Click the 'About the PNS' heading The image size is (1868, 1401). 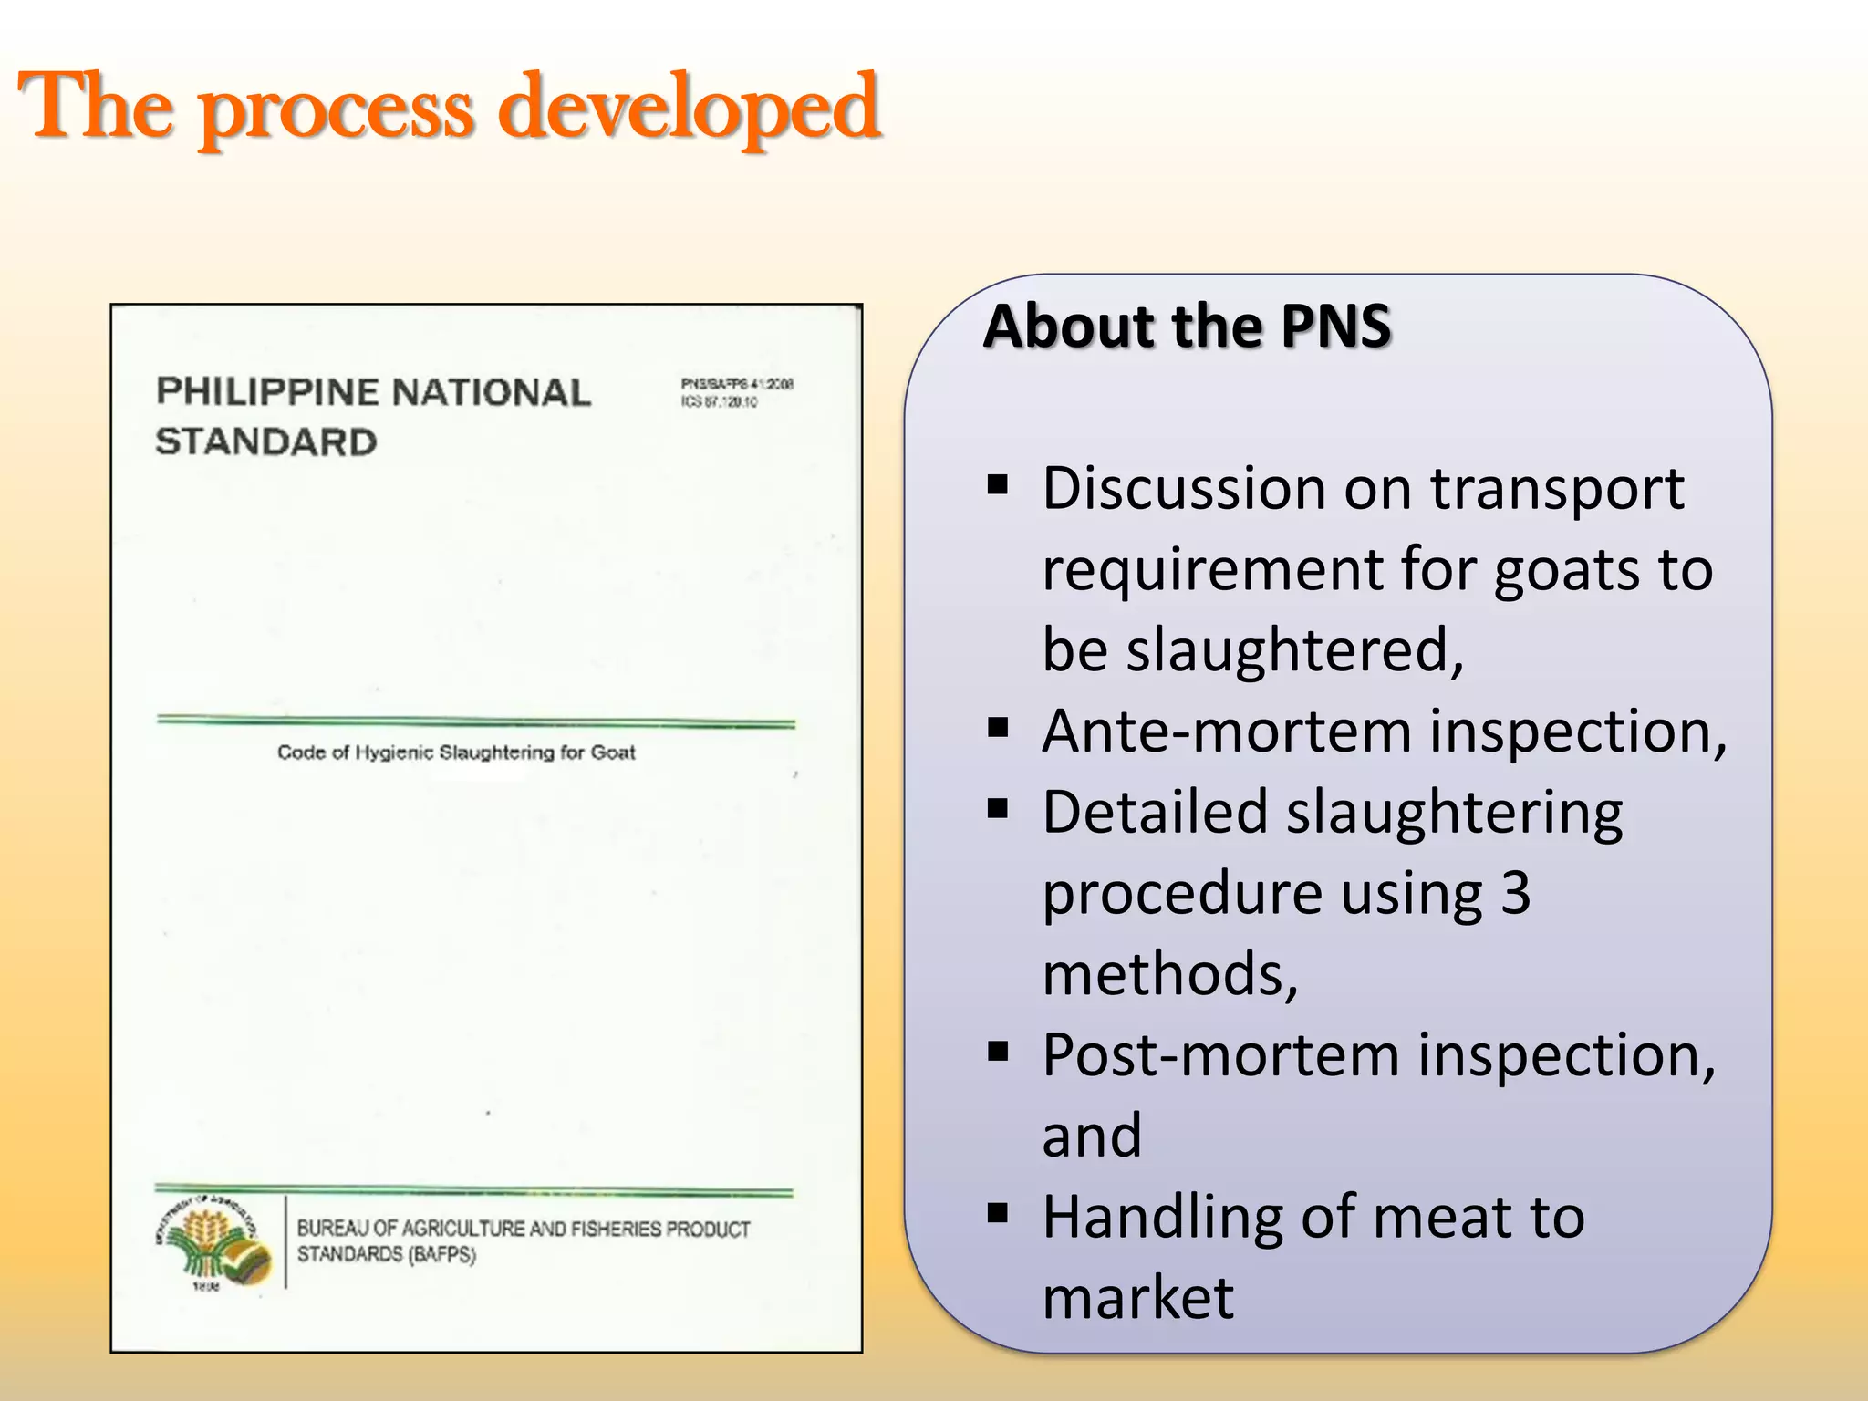pos(1187,326)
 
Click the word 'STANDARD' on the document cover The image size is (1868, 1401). pos(265,442)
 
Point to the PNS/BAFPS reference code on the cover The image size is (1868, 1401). pos(736,385)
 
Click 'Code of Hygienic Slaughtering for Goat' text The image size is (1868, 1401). pos(456,752)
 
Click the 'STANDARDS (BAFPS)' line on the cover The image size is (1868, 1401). pos(386,1254)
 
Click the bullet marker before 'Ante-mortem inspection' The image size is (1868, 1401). pos(998,727)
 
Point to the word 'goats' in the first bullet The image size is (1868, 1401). pos(1568,570)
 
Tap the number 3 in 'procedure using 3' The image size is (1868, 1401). pos(1515,892)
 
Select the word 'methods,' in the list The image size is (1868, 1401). pos(1169,973)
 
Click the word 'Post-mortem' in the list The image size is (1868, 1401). pos(1220,1054)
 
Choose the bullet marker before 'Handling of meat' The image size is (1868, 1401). pos(998,1213)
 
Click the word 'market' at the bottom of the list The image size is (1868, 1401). pos(1137,1297)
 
